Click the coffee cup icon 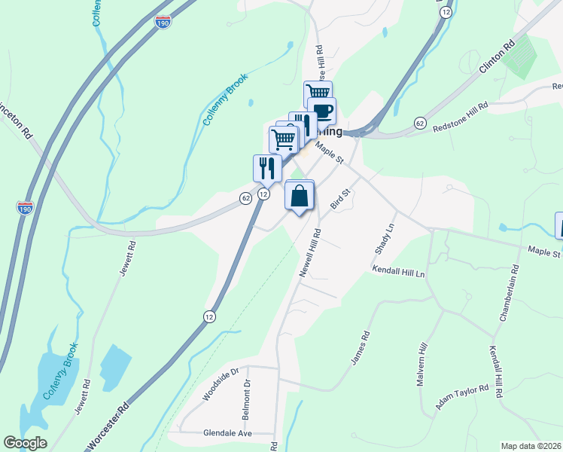click(x=322, y=111)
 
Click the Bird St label click(x=342, y=202)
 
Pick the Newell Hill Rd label click(x=310, y=253)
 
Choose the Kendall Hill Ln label click(x=399, y=272)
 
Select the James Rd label click(x=360, y=349)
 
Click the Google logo click(x=25, y=442)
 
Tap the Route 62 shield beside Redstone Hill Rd click(x=419, y=122)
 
